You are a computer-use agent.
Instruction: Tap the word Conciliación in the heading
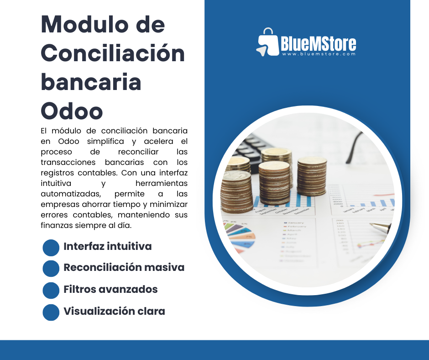click(x=113, y=54)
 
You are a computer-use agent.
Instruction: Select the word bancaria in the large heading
click(x=91, y=83)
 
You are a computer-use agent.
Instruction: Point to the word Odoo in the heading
click(x=72, y=111)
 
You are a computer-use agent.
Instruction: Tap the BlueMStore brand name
click(x=318, y=43)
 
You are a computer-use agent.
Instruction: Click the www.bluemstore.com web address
click(x=318, y=54)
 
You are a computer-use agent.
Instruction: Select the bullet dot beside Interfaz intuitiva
click(x=51, y=247)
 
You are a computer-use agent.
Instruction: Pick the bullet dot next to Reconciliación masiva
click(x=51, y=268)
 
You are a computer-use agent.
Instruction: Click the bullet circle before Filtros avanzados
click(x=51, y=290)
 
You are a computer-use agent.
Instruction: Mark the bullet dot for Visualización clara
click(x=51, y=312)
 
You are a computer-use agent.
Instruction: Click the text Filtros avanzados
click(x=110, y=290)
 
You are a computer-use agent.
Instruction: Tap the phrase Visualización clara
click(x=114, y=312)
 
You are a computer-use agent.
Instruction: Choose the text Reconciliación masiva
click(x=124, y=268)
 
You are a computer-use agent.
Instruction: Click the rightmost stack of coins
click(x=312, y=176)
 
